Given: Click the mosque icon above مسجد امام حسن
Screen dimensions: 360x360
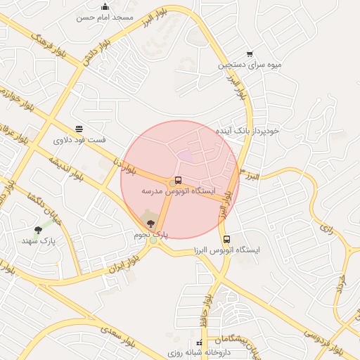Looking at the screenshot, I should pos(105,6).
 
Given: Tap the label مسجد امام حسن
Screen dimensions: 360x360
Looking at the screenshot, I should pos(105,16).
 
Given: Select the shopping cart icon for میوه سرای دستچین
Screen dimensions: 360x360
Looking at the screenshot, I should pos(250,54).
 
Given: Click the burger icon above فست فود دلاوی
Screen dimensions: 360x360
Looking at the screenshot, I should pos(79,129).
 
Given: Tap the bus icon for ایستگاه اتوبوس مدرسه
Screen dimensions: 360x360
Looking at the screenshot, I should pos(177,180).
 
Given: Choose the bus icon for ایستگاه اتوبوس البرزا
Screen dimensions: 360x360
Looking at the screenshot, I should pos(226,239).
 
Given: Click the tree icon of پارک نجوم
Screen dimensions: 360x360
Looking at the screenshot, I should pos(150,224).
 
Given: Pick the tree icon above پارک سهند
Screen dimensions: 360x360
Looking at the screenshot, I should pos(38,229).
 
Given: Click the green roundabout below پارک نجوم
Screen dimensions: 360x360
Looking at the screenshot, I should pos(153,240).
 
